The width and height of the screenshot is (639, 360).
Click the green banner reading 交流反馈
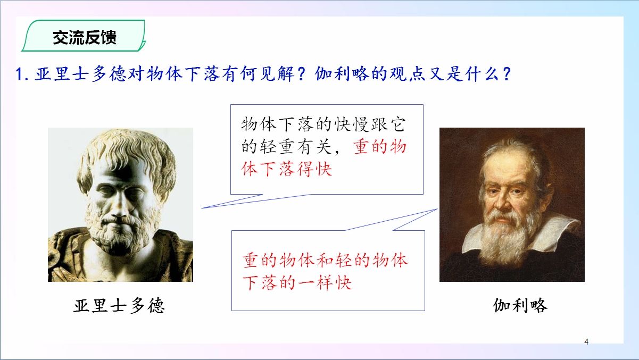coord(84,36)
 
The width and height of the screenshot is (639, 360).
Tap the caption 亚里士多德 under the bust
coord(119,306)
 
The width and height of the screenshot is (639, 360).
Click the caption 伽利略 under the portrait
coord(520,306)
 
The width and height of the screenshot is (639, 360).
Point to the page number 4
coord(586,341)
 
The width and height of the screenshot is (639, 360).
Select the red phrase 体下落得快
coord(287,169)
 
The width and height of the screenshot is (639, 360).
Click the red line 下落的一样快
coord(297,283)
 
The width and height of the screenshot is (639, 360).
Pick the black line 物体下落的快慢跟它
coord(323,124)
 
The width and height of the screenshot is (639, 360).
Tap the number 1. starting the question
coord(22,74)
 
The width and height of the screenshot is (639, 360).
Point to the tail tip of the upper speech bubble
coord(202,208)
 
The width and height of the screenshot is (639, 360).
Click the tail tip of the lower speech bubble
coord(437,209)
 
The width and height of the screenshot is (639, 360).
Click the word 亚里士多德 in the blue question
coord(80,74)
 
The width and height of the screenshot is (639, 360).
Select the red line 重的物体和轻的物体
coord(325,260)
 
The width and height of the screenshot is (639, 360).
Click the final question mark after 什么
coord(507,74)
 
